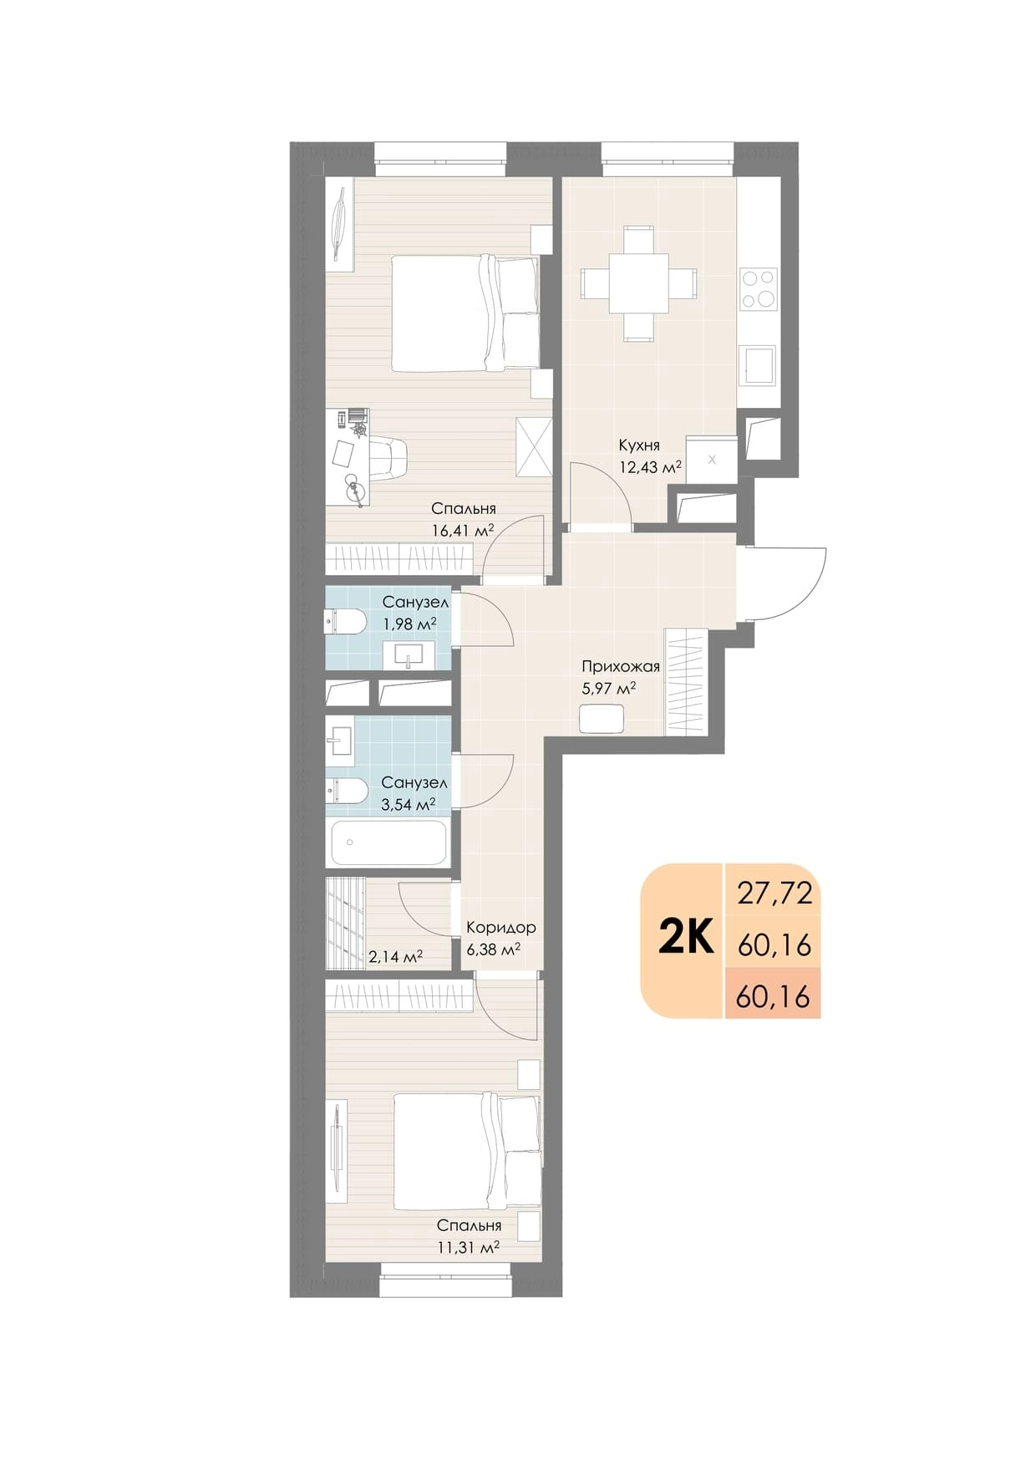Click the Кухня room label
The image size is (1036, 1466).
(x=639, y=445)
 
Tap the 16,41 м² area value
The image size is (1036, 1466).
(x=462, y=529)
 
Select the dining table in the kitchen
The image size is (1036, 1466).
(x=639, y=283)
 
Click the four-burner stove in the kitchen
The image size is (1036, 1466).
(x=759, y=289)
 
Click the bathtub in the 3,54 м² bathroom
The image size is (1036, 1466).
(x=389, y=842)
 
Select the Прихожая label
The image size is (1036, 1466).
(x=621, y=666)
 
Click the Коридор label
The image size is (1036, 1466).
(x=501, y=927)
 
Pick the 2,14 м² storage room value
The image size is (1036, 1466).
(x=395, y=956)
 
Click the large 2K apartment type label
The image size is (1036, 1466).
(x=686, y=938)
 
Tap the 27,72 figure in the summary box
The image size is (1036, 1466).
(x=774, y=893)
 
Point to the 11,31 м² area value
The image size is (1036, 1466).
(x=468, y=1246)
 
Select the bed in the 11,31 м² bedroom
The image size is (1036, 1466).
(x=466, y=1152)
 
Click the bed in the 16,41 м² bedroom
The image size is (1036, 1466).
(x=466, y=313)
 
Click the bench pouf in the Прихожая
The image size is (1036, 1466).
(x=602, y=719)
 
